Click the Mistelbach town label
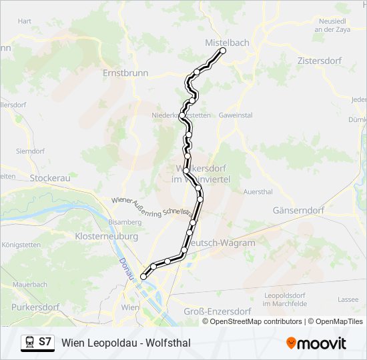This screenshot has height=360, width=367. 226,43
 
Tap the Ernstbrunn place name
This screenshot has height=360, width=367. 125,73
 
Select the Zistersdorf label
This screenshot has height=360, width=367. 319,61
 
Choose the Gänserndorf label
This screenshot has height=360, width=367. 298,210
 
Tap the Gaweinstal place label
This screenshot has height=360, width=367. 236,115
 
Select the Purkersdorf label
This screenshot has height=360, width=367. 34,307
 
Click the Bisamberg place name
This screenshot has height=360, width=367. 125,221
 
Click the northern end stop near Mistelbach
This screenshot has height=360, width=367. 223,51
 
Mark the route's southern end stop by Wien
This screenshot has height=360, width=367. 143,277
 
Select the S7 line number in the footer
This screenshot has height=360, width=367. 45,343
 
